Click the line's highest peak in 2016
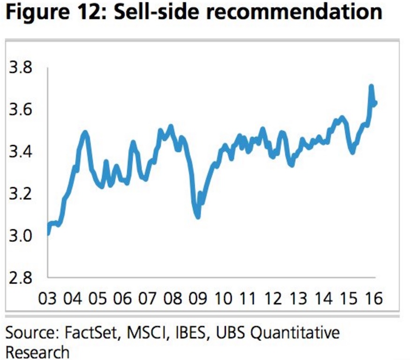coord(371,86)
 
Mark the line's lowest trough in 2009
coord(198,217)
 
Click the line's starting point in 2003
coord(48,232)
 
